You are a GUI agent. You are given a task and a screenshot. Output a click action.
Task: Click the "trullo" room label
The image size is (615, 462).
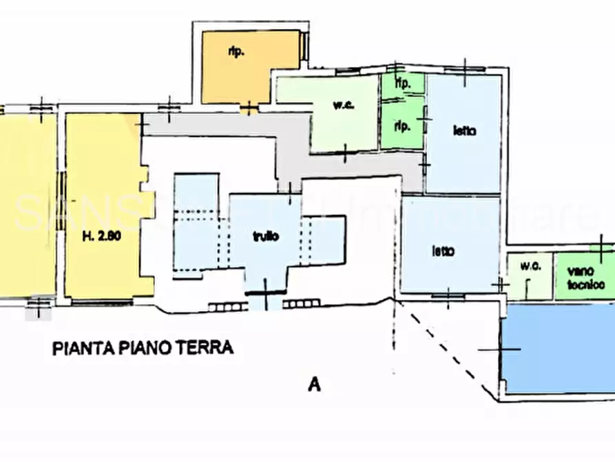(x=264, y=237)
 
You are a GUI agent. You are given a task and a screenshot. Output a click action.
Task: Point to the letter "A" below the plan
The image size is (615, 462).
(x=314, y=385)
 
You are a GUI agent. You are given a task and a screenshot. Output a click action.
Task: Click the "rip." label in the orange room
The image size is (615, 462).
(x=236, y=52)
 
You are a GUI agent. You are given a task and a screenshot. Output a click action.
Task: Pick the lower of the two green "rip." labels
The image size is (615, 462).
(x=402, y=127)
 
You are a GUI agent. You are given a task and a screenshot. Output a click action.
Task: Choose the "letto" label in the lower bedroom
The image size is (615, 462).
(x=442, y=252)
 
